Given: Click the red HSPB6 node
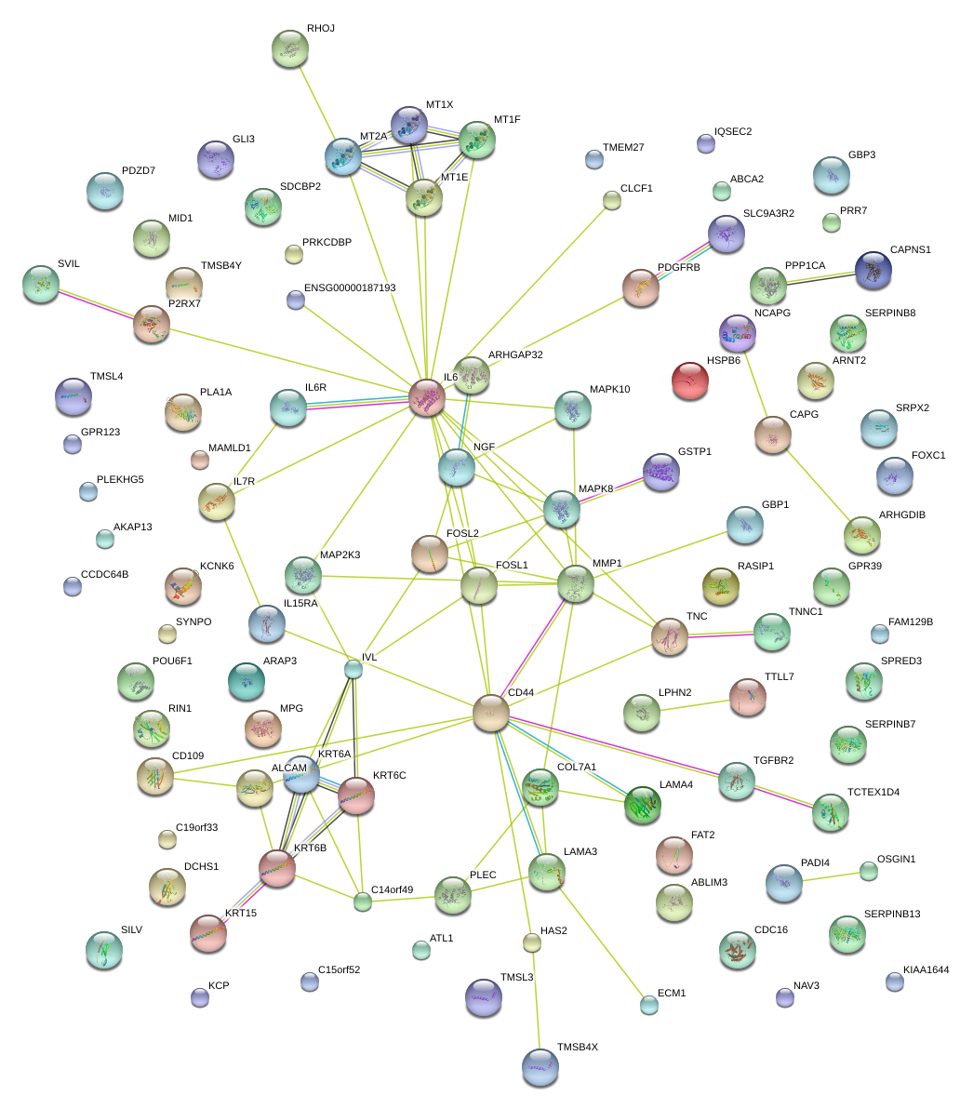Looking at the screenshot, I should pos(689,381).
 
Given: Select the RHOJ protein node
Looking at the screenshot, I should pos(290,47).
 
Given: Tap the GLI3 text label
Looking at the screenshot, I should pos(244,139).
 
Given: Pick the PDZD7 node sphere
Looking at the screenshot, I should pos(104,190).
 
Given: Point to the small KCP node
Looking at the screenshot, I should pos(199,997).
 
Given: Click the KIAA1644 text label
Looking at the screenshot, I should pos(926,969).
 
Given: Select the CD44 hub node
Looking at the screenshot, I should pos(491,713).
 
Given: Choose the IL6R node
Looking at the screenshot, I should pos(287,407).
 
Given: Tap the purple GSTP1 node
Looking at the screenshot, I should pos(661,472).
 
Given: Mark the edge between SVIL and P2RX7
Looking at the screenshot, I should pos(96,304).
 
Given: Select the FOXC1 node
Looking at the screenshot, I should pos(894,474).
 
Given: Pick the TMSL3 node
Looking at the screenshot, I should pos(483,997).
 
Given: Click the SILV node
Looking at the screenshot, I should pos(103,949).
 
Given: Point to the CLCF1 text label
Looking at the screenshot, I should pos(636,188).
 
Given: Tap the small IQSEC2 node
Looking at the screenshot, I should pos(706,142).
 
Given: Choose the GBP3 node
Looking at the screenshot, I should pos(831,174).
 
